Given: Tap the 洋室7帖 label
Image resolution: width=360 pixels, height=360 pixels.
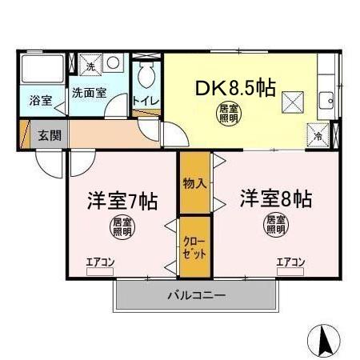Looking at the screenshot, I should [122, 199].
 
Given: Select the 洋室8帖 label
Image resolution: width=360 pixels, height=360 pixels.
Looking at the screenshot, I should [276, 198].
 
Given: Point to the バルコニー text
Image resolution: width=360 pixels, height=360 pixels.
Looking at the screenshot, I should [196, 294].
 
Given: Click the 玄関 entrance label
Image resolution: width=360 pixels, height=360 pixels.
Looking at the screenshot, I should [49, 134].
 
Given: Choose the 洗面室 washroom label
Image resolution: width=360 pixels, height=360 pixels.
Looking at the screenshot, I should [89, 93].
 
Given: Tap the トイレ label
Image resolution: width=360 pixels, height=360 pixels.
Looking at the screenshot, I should [145, 101].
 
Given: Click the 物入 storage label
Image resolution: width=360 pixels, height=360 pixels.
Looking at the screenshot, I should [194, 182].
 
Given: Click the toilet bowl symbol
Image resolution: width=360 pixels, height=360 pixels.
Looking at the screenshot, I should [145, 77].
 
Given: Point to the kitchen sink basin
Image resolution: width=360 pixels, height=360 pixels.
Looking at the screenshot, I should [328, 101].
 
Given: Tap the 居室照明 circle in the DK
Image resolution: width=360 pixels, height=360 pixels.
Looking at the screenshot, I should [230, 113].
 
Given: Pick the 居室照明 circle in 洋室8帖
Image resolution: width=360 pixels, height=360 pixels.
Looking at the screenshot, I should [276, 223].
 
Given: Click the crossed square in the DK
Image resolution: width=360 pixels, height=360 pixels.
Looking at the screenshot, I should [293, 102].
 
